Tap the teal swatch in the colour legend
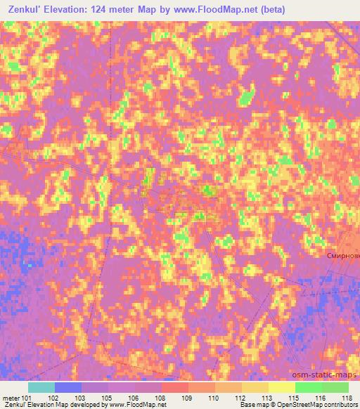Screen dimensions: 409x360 tap(41, 387)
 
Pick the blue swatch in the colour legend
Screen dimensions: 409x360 tap(68, 387)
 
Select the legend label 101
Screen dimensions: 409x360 tap(26, 398)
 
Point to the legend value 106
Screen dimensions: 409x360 tap(132, 398)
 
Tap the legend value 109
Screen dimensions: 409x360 tap(186, 398)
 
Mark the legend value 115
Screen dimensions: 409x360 tap(292, 398)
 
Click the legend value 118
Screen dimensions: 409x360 tap(346, 398)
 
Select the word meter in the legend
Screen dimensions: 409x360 tap(10, 398)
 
